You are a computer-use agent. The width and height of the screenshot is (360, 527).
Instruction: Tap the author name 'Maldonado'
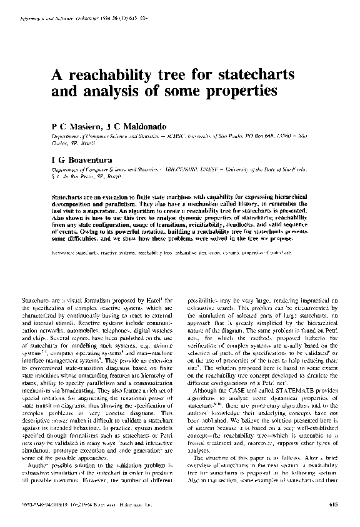click(131, 126)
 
